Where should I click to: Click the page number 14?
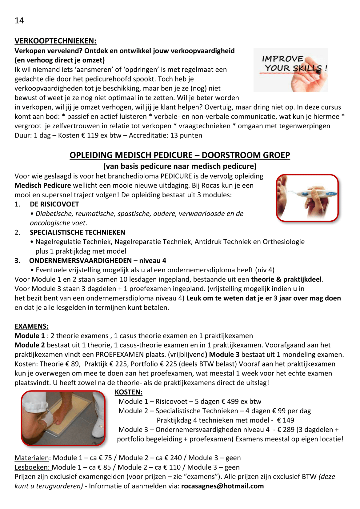tap(19, 21)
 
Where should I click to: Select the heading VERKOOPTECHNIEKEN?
tap(55, 41)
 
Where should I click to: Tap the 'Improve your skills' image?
tap(291, 70)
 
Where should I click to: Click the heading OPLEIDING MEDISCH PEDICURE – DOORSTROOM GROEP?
tap(180, 155)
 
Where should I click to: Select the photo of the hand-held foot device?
tap(307, 198)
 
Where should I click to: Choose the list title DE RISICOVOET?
tap(54, 204)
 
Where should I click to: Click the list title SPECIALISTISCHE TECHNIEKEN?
tap(78, 232)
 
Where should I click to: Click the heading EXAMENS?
tap(31, 326)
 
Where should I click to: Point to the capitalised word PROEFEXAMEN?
tap(120, 355)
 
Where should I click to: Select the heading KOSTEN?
tap(129, 392)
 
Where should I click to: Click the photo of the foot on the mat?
tap(63, 418)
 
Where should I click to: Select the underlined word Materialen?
tap(32, 458)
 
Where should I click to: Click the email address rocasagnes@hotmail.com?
tap(222, 486)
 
